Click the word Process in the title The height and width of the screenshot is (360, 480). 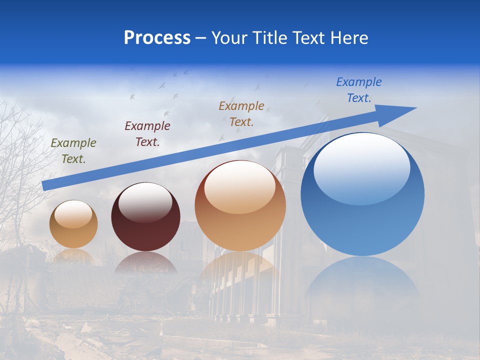[x=157, y=38]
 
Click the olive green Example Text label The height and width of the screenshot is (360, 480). [x=73, y=150]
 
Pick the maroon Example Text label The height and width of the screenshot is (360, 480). [x=147, y=134]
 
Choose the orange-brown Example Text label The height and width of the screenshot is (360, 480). [x=241, y=113]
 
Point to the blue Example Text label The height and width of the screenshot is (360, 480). [x=359, y=90]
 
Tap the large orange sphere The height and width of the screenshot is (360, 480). [x=240, y=220]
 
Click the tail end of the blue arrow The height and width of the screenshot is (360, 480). [x=46, y=185]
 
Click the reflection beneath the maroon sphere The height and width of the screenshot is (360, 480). [x=145, y=263]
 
